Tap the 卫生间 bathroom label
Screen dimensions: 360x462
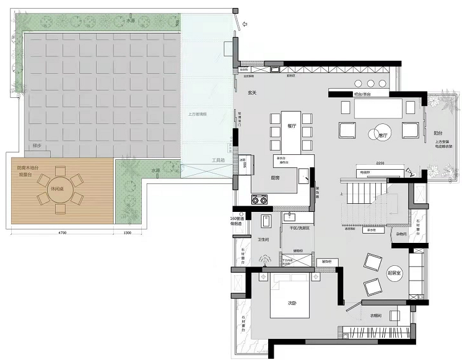(263, 240)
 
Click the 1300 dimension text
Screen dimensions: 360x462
(128, 232)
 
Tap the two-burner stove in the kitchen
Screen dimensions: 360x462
(259, 200)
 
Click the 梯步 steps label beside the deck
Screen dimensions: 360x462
(35, 146)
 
